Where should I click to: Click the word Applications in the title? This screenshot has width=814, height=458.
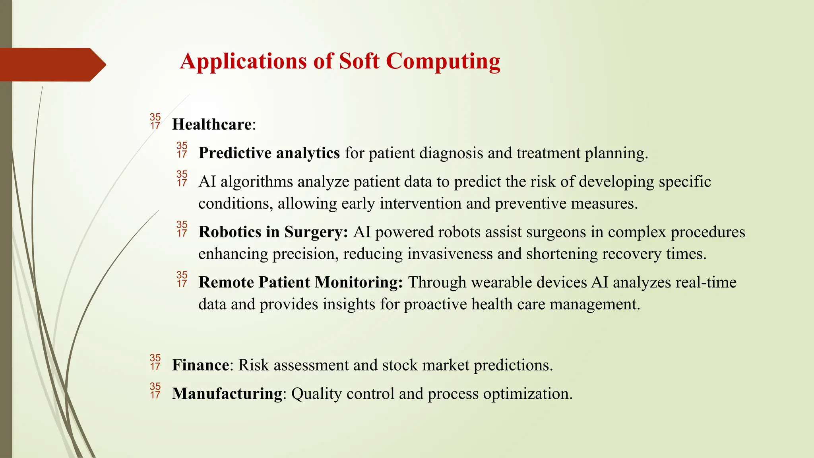243,62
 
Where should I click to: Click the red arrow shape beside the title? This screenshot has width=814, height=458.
52,64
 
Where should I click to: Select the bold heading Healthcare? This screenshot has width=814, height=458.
211,124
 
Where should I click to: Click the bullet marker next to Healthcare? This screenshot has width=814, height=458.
155,121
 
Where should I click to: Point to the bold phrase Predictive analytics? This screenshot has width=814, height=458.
269,153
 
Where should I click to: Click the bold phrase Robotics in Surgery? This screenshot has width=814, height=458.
273,232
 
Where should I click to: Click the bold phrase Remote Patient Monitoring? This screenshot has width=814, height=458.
300,282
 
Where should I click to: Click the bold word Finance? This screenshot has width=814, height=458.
200,365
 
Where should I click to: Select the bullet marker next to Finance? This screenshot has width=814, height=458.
155,362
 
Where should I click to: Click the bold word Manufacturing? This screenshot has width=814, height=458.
227,394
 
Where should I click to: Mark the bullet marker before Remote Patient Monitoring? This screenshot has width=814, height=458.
182,279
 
